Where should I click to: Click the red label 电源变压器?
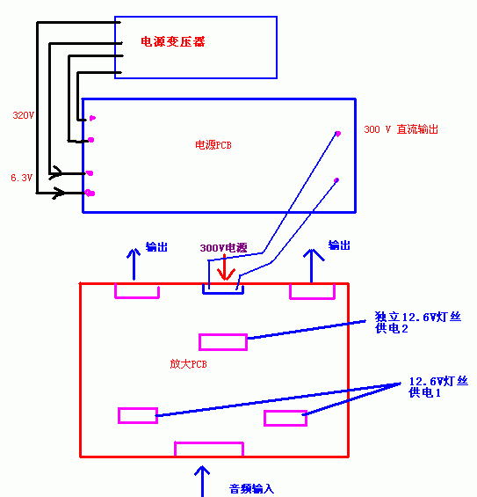coord(173,41)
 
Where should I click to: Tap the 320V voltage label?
coord(23,115)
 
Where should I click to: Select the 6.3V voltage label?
coord(22,178)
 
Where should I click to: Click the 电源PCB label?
coord(213,145)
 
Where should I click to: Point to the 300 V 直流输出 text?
coord(401,129)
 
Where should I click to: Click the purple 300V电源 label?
coord(223,247)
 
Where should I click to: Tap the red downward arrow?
coord(226,267)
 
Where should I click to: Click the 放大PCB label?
coord(188,364)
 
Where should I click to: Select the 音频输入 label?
coord(251,488)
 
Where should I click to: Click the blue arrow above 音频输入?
coord(202,481)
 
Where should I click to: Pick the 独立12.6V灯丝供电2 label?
coord(418,322)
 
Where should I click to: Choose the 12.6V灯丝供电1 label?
coord(438,387)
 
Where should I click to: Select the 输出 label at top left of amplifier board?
coord(156,247)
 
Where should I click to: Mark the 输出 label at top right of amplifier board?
coord(339,245)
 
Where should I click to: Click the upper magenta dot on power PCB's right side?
coord(337,134)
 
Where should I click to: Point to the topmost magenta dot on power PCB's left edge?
coord(92,118)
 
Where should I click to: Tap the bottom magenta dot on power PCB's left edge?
coord(90,193)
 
